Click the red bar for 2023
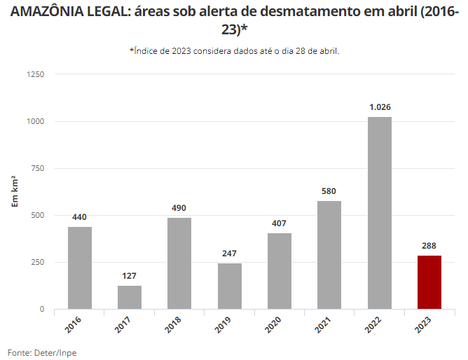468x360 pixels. pos(429,282)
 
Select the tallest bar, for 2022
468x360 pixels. pos(380,213)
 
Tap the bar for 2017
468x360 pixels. pos(130,297)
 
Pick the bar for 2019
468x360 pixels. pos(230,286)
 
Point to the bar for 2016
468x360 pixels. pos(80,268)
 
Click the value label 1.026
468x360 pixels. pos(380,107)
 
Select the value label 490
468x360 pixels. pos(179,208)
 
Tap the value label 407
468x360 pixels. pos(280,223)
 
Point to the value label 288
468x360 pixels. pos(429,246)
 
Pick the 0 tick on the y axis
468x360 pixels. pos(42,309)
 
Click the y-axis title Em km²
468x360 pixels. pos(15,191)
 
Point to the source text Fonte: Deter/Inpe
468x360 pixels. pos(42,352)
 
